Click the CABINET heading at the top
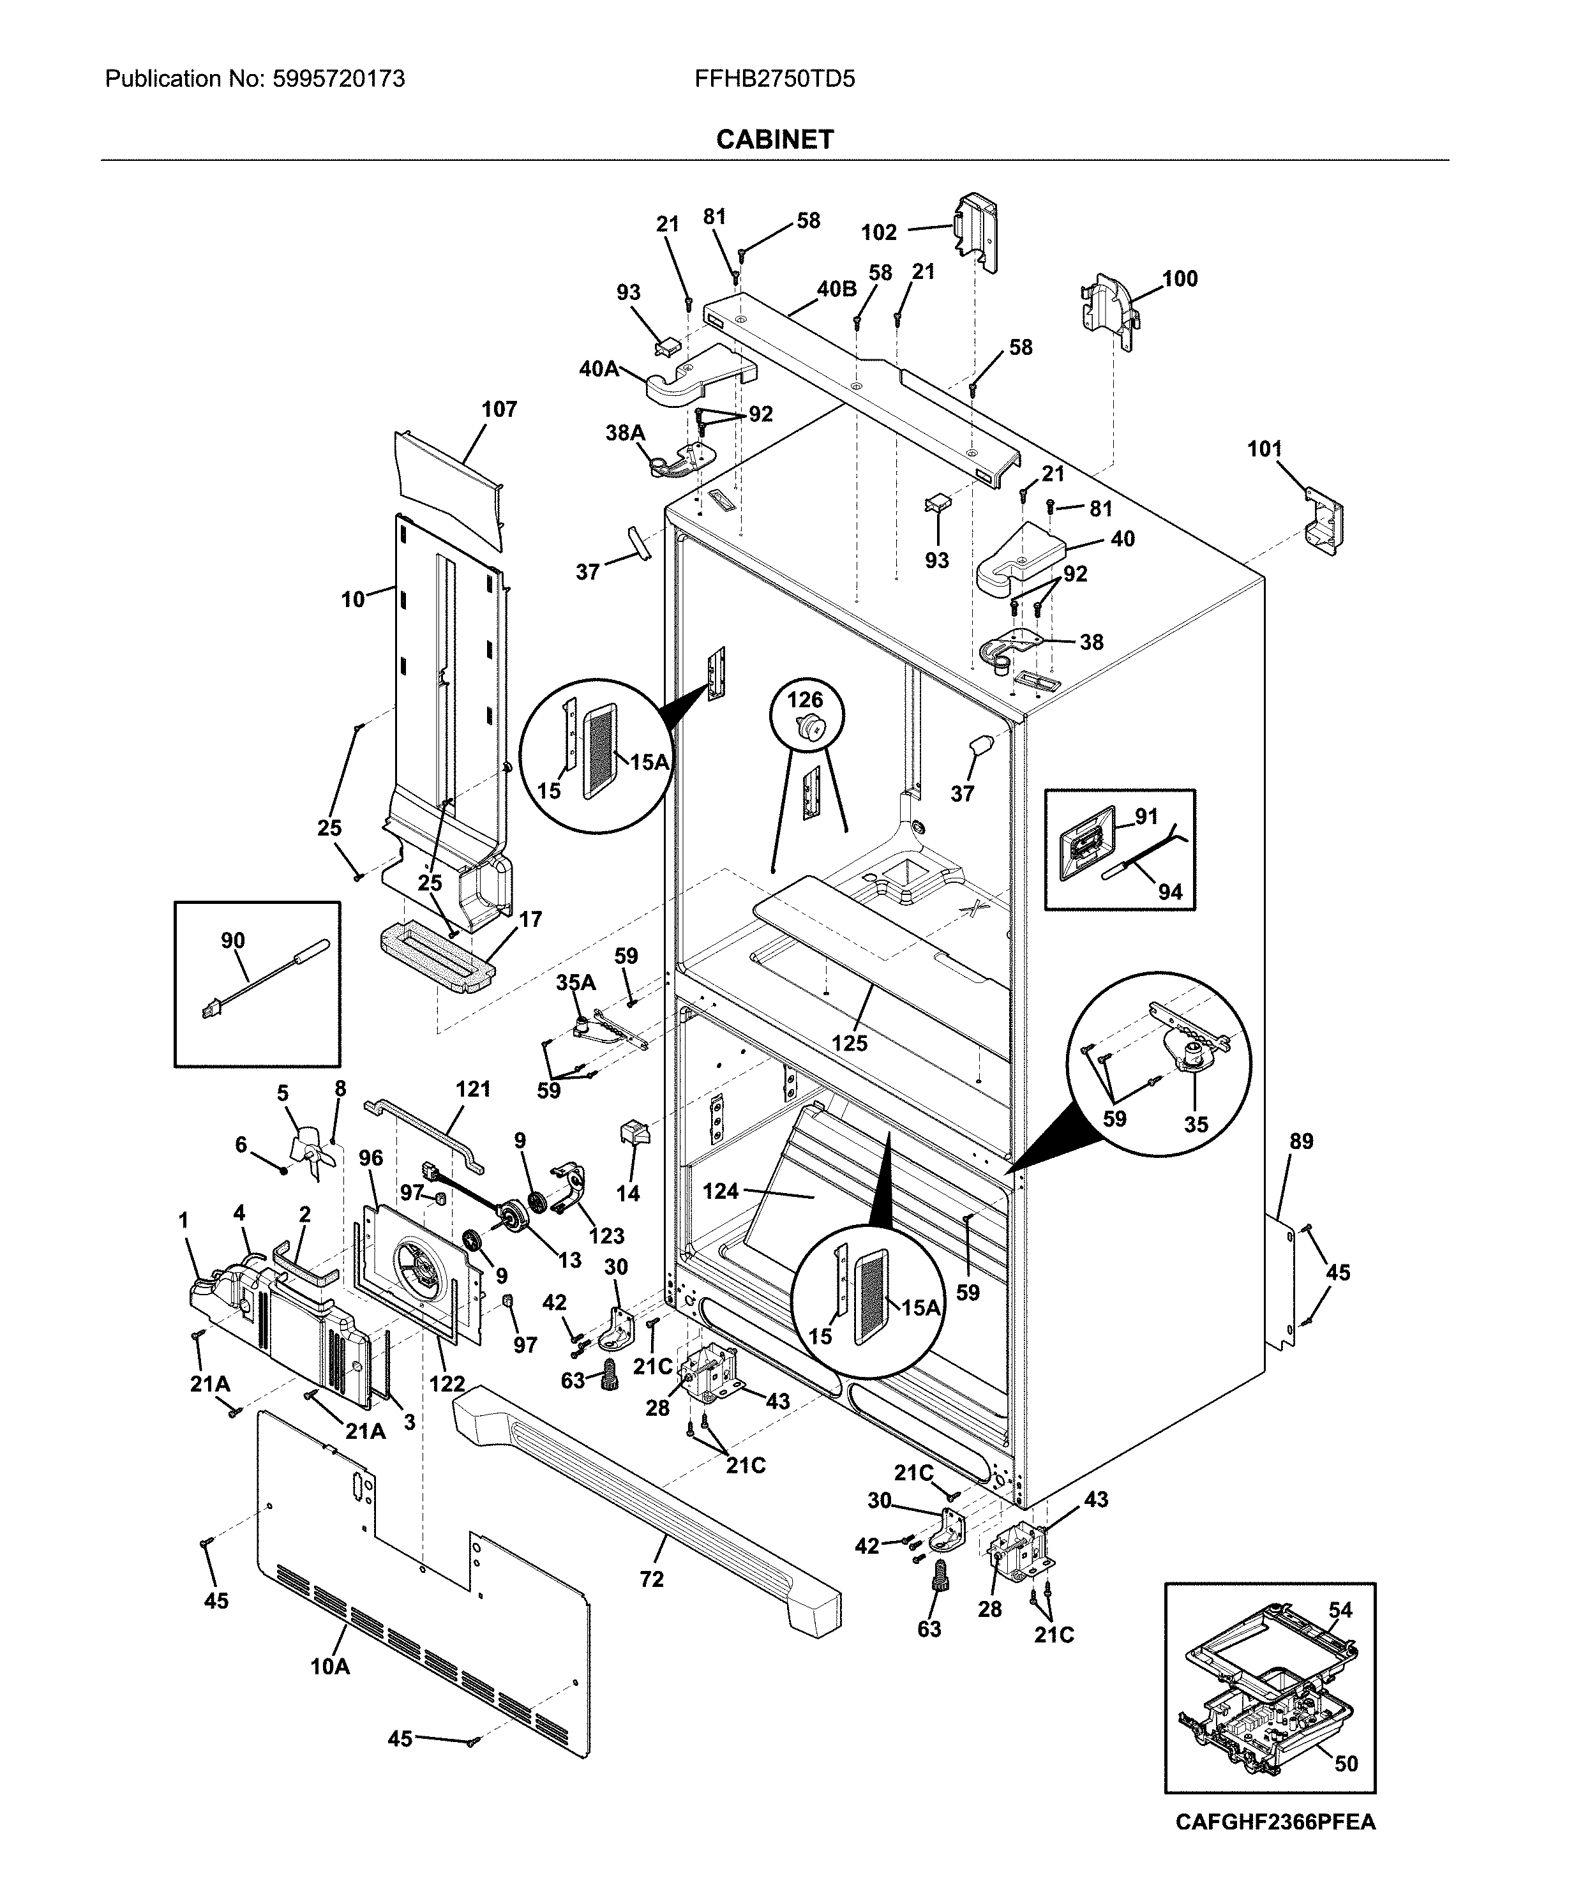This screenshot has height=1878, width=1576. (774, 140)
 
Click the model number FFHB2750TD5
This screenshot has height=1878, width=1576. (774, 80)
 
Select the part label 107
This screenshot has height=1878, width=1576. (499, 410)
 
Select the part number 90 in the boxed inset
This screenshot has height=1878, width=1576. (232, 941)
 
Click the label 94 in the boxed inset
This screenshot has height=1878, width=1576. (1170, 892)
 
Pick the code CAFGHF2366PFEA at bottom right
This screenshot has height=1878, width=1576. (1275, 1822)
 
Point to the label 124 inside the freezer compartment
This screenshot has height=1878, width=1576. (721, 1191)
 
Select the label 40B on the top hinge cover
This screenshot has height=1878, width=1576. (836, 289)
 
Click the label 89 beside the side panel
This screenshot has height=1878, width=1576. (1302, 1142)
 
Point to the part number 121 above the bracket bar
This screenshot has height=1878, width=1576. (473, 1089)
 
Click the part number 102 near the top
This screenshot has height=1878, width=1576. (878, 232)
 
